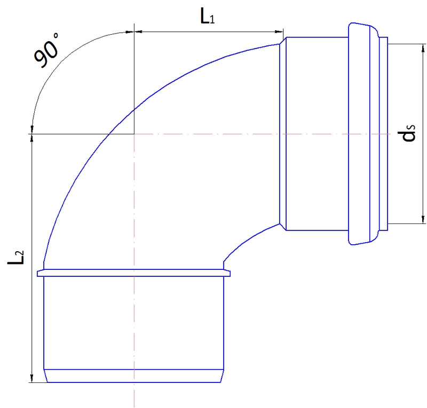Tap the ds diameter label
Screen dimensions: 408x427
click(x=409, y=134)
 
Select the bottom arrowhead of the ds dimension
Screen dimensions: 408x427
click(x=423, y=219)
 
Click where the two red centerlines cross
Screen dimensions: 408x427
click(x=134, y=134)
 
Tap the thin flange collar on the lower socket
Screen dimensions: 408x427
click(x=134, y=274)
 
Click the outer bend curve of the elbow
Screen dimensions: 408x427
click(x=107, y=133)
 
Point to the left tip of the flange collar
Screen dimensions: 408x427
click(x=38, y=274)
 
